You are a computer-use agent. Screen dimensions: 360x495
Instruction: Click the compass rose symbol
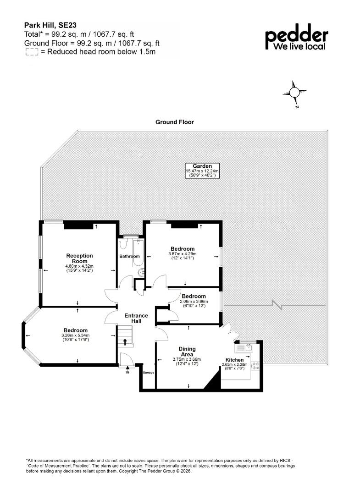tap(294, 93)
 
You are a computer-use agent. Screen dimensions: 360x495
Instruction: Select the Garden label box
tap(202, 171)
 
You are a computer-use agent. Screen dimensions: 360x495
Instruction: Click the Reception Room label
tap(80, 258)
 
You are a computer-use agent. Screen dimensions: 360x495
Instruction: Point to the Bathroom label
tap(129, 256)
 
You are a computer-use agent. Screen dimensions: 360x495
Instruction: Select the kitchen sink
tap(245, 348)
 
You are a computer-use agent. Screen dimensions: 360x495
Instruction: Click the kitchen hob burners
tap(255, 366)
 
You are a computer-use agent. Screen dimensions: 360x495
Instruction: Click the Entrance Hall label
tap(136, 318)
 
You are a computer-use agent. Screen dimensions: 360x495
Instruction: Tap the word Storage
tap(149, 373)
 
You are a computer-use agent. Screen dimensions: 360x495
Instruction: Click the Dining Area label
tap(187, 352)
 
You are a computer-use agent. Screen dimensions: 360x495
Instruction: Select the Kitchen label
tap(235, 360)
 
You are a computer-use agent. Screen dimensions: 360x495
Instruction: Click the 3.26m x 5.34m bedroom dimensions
tap(76, 335)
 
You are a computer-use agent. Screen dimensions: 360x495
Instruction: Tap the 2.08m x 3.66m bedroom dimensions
tap(194, 302)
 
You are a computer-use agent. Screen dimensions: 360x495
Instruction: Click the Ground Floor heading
tap(175, 122)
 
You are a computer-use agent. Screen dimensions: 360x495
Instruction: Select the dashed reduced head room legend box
tap(32, 52)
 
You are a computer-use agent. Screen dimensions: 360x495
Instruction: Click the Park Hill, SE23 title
tap(50, 25)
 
